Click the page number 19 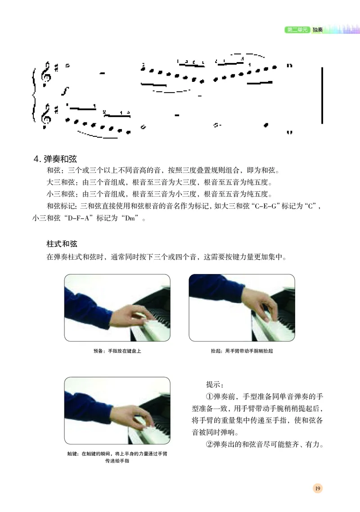click(317, 489)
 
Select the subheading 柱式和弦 click(62, 244)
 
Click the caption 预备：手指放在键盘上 click(117, 351)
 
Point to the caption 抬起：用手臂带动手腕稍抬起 click(242, 351)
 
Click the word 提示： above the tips click(218, 385)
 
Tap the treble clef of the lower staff click(45, 115)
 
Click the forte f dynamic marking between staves click(65, 92)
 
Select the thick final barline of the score click(322, 95)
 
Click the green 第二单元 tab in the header click(297, 30)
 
